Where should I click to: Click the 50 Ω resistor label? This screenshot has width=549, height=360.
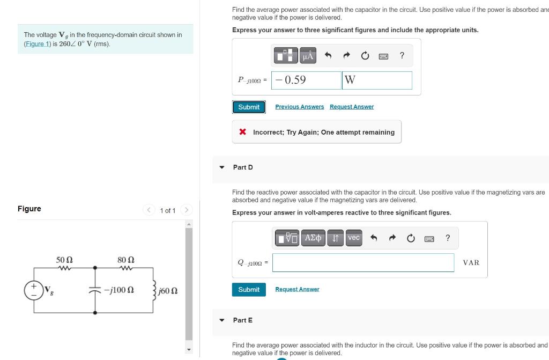click(65, 260)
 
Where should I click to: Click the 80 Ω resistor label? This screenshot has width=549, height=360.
click(125, 260)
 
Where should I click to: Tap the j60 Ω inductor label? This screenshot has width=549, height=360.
click(168, 291)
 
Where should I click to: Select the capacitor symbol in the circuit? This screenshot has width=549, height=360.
click(95, 290)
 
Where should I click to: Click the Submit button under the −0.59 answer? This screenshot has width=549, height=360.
click(248, 107)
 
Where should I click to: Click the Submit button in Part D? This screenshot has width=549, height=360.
click(248, 289)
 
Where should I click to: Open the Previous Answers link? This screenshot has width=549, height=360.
click(299, 107)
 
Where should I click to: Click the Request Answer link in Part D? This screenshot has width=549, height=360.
click(297, 289)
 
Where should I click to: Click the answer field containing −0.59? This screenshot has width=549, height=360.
click(306, 80)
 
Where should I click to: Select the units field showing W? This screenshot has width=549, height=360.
click(377, 80)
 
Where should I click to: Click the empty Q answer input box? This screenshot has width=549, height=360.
click(363, 262)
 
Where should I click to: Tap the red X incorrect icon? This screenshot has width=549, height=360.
click(243, 132)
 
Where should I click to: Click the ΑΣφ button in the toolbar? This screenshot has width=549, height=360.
click(313, 238)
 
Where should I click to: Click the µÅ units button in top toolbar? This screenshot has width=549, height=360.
click(308, 55)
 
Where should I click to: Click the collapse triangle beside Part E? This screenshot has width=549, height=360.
click(222, 320)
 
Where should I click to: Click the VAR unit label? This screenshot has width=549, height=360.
click(471, 262)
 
